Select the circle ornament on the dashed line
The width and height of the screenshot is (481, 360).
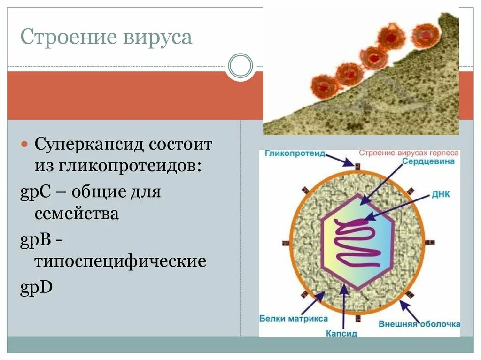coord(240,66)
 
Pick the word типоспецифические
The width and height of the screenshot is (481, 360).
coord(120,261)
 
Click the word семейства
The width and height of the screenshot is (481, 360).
coord(77,214)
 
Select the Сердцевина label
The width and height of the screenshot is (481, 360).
coord(428,161)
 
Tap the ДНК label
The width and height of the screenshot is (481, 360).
coord(441,193)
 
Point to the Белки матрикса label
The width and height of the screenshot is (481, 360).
coord(293,319)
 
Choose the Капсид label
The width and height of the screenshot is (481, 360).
coord(341,334)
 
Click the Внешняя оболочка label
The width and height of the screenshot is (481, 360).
coord(419,324)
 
